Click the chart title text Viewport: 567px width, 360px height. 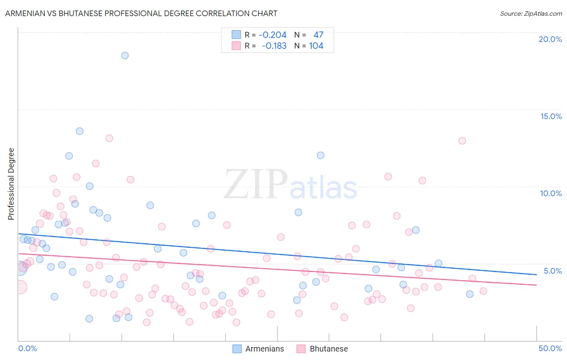click(141, 13)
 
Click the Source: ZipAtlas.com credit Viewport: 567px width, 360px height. click(531, 13)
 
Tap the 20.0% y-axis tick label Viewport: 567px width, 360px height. click(550, 39)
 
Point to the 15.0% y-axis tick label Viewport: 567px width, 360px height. click(551, 116)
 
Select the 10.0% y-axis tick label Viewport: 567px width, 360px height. click(551, 193)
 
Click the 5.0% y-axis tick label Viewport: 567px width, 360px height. click(552, 271)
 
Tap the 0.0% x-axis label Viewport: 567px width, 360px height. click(27, 348)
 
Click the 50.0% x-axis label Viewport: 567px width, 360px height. click(550, 348)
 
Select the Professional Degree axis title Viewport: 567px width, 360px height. click(11, 184)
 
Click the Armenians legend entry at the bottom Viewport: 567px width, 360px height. click(264, 349)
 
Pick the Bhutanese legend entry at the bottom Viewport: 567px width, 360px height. click(328, 349)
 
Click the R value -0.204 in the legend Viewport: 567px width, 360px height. click(273, 35)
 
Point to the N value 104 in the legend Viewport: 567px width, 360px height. click(316, 46)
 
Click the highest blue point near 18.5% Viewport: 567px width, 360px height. click(125, 56)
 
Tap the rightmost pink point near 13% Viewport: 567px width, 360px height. click(462, 141)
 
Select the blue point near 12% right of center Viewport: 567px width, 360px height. click(321, 155)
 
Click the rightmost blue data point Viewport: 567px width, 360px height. click(470, 294)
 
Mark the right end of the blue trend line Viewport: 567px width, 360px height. click(536, 274)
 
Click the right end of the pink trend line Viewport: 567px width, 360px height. click(536, 285)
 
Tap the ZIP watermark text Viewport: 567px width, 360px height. click(256, 184)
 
